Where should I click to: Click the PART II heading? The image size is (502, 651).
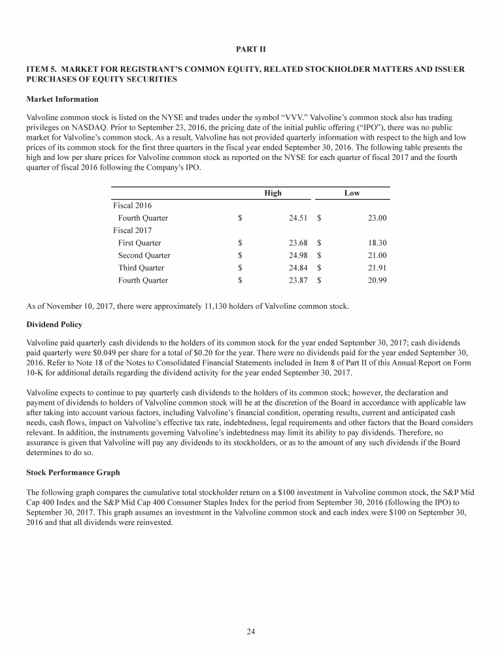click(250, 49)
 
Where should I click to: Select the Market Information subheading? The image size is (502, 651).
click(62, 99)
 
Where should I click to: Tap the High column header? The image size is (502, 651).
click(273, 193)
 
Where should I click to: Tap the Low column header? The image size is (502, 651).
click(352, 193)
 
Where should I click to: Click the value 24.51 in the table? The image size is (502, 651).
click(298, 218)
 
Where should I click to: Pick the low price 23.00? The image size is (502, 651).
click(377, 218)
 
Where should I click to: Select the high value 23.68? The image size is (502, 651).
click(298, 243)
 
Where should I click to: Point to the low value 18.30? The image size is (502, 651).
click(377, 243)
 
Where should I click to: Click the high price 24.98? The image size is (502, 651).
click(298, 255)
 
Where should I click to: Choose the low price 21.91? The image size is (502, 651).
click(377, 268)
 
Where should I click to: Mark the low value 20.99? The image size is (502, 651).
click(377, 280)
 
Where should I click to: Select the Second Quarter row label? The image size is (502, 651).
click(144, 255)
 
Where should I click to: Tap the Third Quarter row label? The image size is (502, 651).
click(141, 268)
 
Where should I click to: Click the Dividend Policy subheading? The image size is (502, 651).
click(58, 324)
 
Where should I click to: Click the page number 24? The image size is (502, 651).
click(251, 631)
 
